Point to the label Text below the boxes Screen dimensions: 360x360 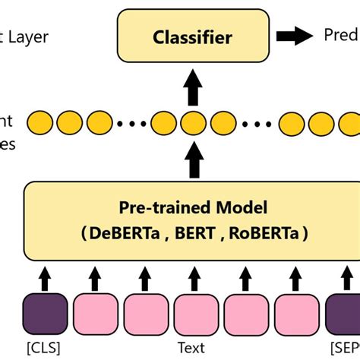click(191, 347)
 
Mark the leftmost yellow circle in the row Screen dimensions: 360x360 click(37, 122)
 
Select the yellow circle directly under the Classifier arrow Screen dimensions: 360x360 click(193, 122)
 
